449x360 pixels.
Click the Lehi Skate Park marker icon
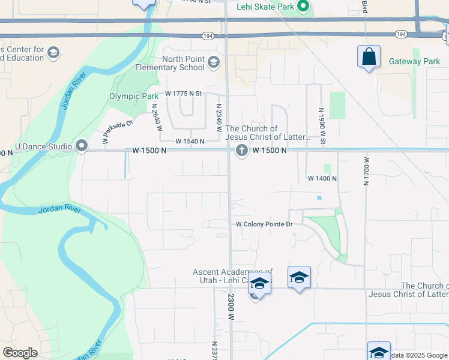[x=304, y=7]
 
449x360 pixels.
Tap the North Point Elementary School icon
[x=213, y=62]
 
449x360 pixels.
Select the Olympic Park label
[x=134, y=96]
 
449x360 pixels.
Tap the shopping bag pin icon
[x=369, y=58]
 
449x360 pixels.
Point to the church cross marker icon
[x=242, y=150]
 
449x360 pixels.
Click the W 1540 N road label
[x=190, y=142]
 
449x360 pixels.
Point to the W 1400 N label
[x=322, y=179]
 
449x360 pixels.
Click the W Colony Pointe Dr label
[x=264, y=224]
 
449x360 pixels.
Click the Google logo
[x=20, y=353]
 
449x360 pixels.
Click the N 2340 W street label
[x=219, y=114]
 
